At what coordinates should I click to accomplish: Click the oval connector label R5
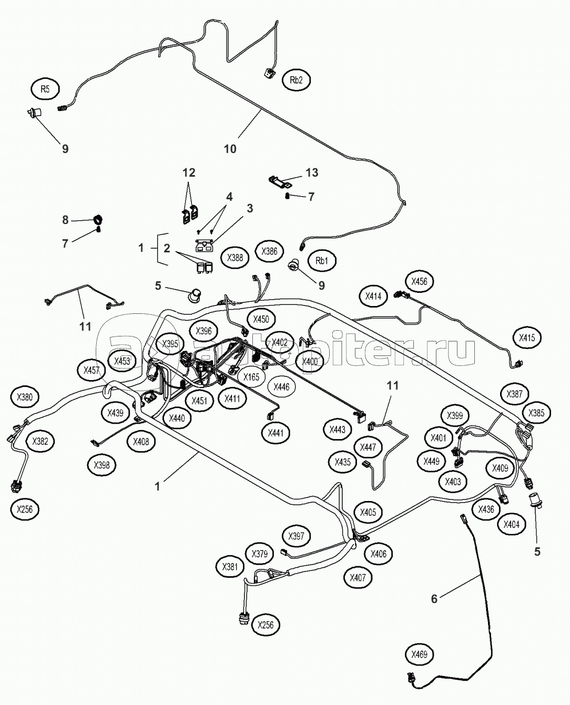(x=45, y=89)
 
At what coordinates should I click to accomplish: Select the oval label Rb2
(x=296, y=80)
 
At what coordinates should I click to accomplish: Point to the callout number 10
(x=230, y=149)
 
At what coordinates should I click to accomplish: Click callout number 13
(x=311, y=173)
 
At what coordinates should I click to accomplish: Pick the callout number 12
(x=189, y=172)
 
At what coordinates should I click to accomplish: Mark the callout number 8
(x=65, y=220)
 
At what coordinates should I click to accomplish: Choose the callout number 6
(x=434, y=598)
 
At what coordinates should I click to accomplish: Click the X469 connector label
(x=420, y=655)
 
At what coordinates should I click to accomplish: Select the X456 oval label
(x=419, y=281)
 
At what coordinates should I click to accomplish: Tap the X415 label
(x=527, y=338)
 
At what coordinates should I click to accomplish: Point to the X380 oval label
(x=25, y=397)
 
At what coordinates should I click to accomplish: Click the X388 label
(x=235, y=258)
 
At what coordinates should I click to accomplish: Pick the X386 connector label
(x=269, y=252)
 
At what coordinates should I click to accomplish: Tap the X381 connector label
(x=230, y=567)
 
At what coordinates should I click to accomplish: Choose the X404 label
(x=511, y=524)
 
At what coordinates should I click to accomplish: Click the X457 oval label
(x=91, y=370)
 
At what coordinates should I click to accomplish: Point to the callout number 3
(x=250, y=208)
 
